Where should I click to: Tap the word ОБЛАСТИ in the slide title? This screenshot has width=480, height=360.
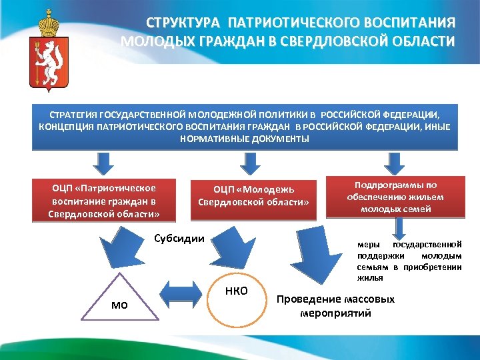418,41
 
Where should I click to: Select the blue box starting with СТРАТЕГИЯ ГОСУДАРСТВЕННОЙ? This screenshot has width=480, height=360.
245,127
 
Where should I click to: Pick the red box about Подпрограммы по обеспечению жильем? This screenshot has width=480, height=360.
395,197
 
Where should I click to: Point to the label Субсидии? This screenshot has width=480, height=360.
179,239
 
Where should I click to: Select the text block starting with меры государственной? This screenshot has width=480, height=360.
409,261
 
